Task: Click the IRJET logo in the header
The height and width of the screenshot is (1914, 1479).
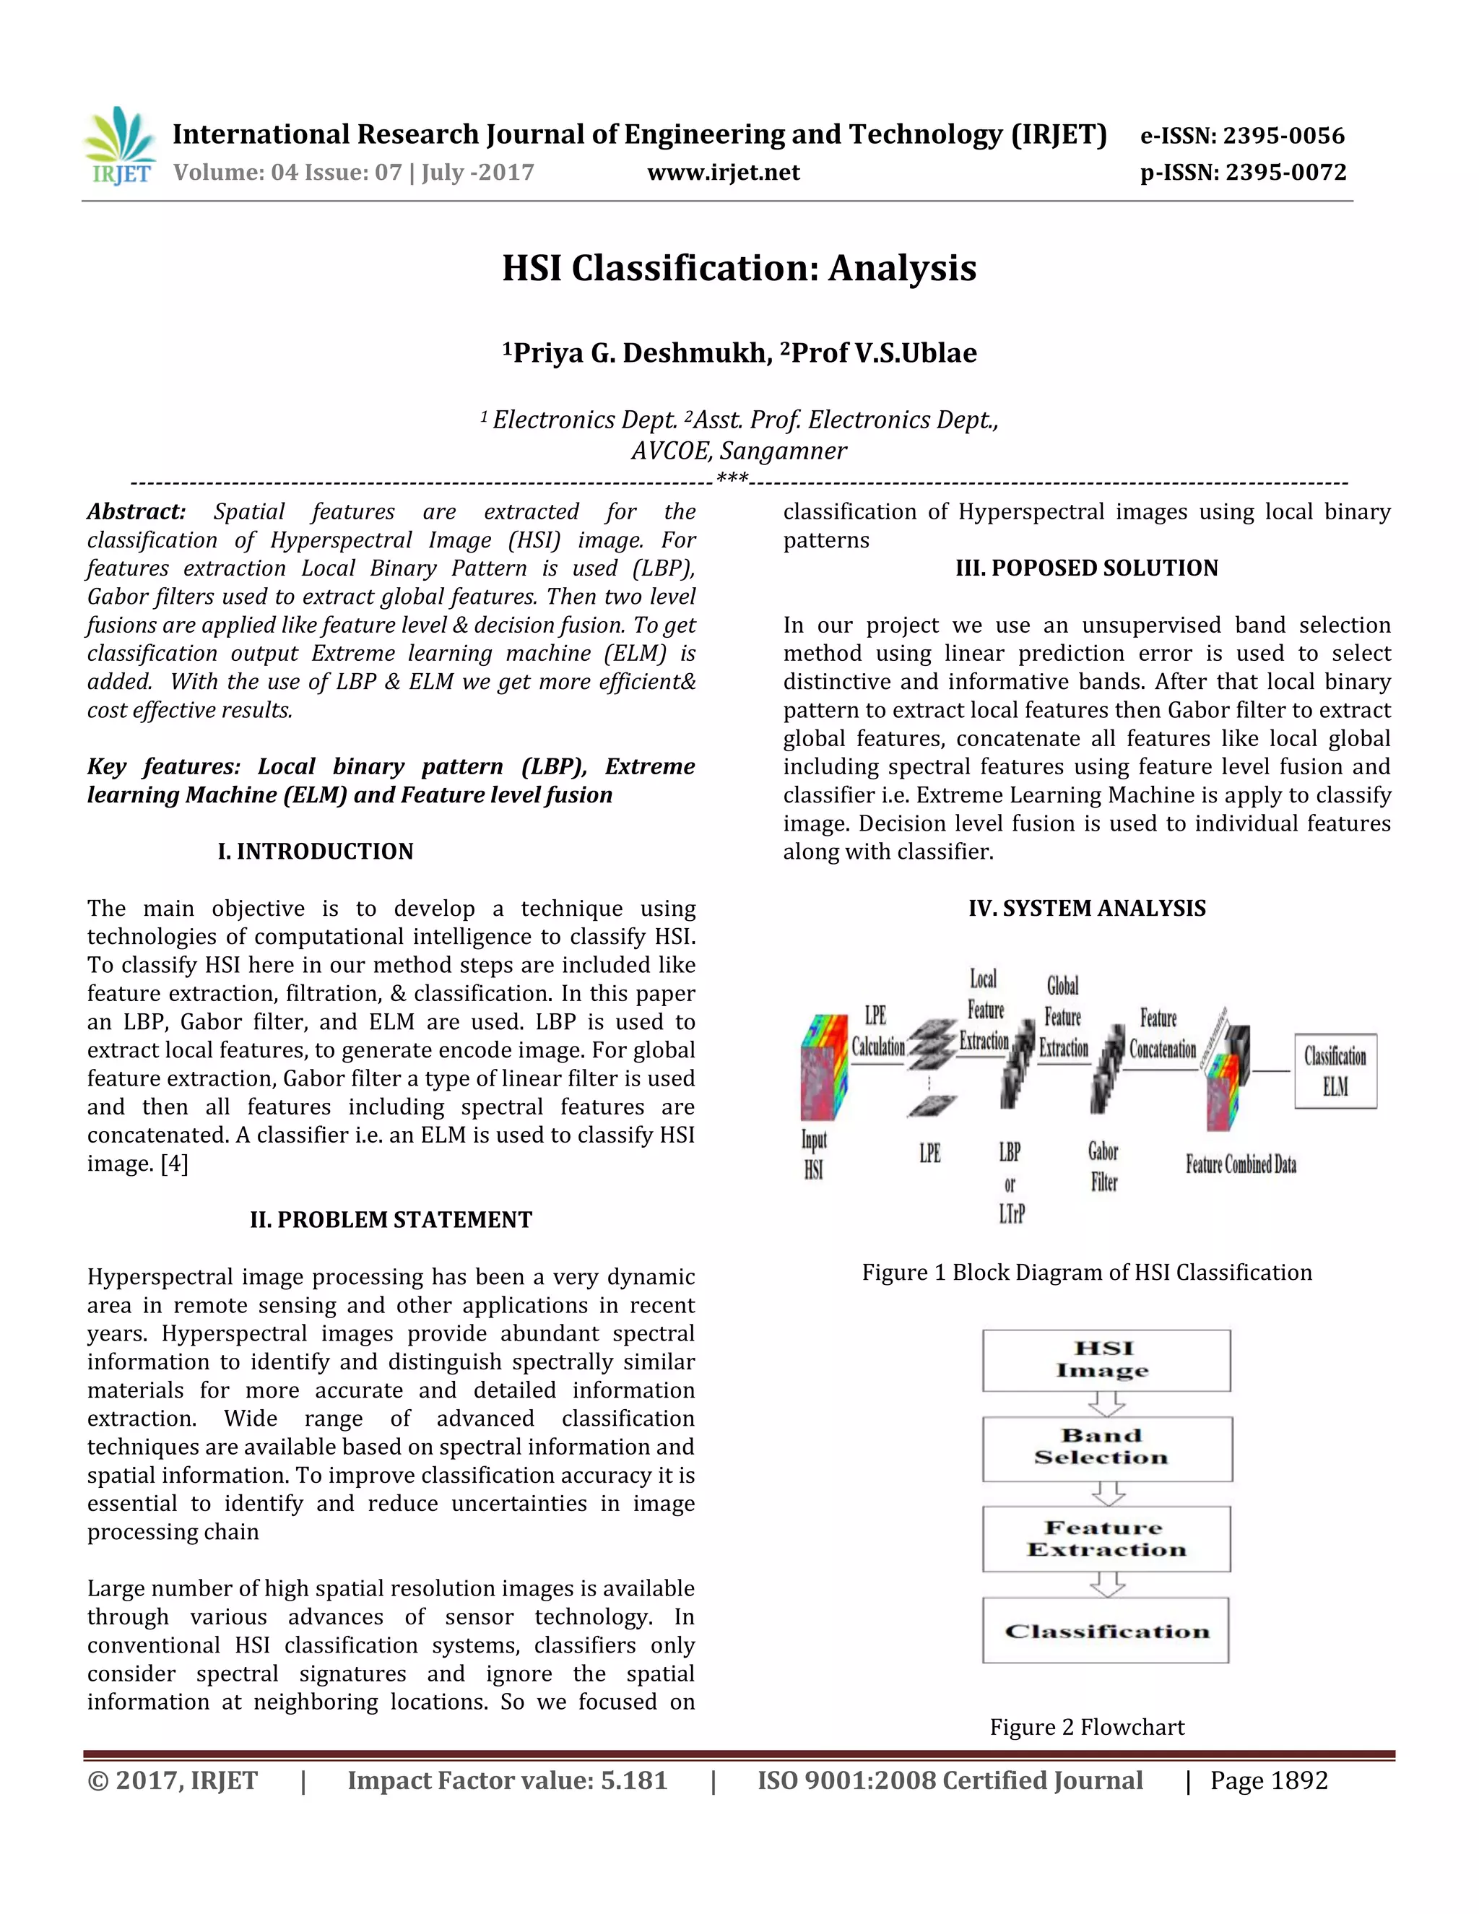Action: coord(120,147)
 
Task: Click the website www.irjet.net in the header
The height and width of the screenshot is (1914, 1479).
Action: coord(723,173)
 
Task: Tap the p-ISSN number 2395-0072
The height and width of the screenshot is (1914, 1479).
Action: coord(1285,173)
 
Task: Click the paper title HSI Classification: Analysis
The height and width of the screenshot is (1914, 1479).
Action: coord(739,268)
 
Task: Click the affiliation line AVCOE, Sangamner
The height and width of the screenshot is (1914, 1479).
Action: coord(739,451)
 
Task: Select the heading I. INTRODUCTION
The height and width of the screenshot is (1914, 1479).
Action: coord(316,852)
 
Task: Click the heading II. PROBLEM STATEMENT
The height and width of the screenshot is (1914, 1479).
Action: coord(391,1220)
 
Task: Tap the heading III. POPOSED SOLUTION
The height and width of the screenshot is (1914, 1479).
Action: coord(1086,568)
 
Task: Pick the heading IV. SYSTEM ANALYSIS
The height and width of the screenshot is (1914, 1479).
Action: coord(1086,909)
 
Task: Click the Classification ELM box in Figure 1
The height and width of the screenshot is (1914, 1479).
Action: coord(1335,1071)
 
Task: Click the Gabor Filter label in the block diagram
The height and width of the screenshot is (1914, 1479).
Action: coord(1103,1166)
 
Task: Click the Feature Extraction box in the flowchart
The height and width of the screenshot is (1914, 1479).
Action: coord(1106,1539)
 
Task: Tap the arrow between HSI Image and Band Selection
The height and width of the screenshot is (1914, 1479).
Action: coord(1106,1404)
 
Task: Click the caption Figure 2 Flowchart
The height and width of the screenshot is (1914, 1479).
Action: coord(1086,1728)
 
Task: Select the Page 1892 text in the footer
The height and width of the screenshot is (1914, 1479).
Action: coord(1269,1781)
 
